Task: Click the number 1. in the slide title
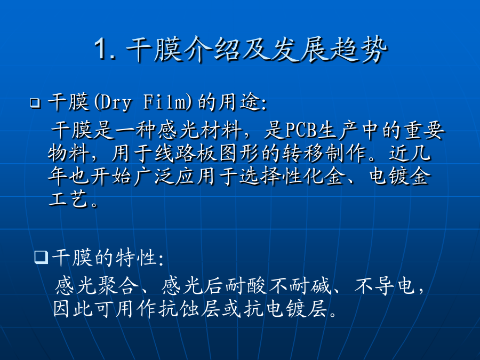point(105,49)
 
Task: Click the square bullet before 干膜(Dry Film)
point(35,103)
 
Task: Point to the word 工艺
point(69,199)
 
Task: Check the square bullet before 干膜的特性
point(41,258)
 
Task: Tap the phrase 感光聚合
point(97,286)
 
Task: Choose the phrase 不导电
point(385,286)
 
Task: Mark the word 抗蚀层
point(189,309)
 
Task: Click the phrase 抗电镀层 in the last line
point(286,309)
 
